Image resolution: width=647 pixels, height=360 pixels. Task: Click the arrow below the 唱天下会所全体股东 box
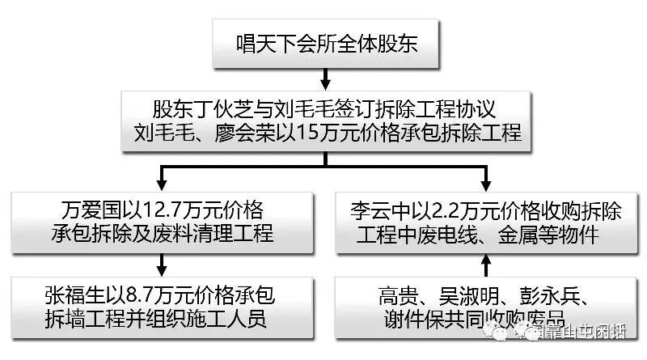click(x=326, y=78)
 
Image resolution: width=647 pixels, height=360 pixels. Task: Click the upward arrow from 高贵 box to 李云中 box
click(x=486, y=263)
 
